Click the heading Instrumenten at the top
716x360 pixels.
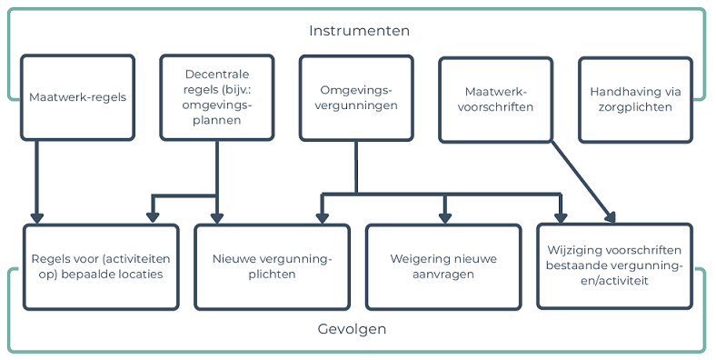click(x=359, y=30)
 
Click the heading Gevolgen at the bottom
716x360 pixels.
click(x=359, y=329)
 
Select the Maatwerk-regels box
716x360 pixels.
click(x=77, y=97)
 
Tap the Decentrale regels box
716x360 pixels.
click(x=216, y=97)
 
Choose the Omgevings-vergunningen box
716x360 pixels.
click(x=355, y=97)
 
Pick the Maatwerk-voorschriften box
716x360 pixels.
click(x=495, y=99)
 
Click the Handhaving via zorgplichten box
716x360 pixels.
click(x=635, y=99)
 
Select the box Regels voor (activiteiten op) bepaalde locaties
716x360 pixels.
click(x=101, y=265)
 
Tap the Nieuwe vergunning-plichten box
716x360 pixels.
click(x=272, y=265)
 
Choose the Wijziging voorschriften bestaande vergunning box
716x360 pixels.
click(x=614, y=265)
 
